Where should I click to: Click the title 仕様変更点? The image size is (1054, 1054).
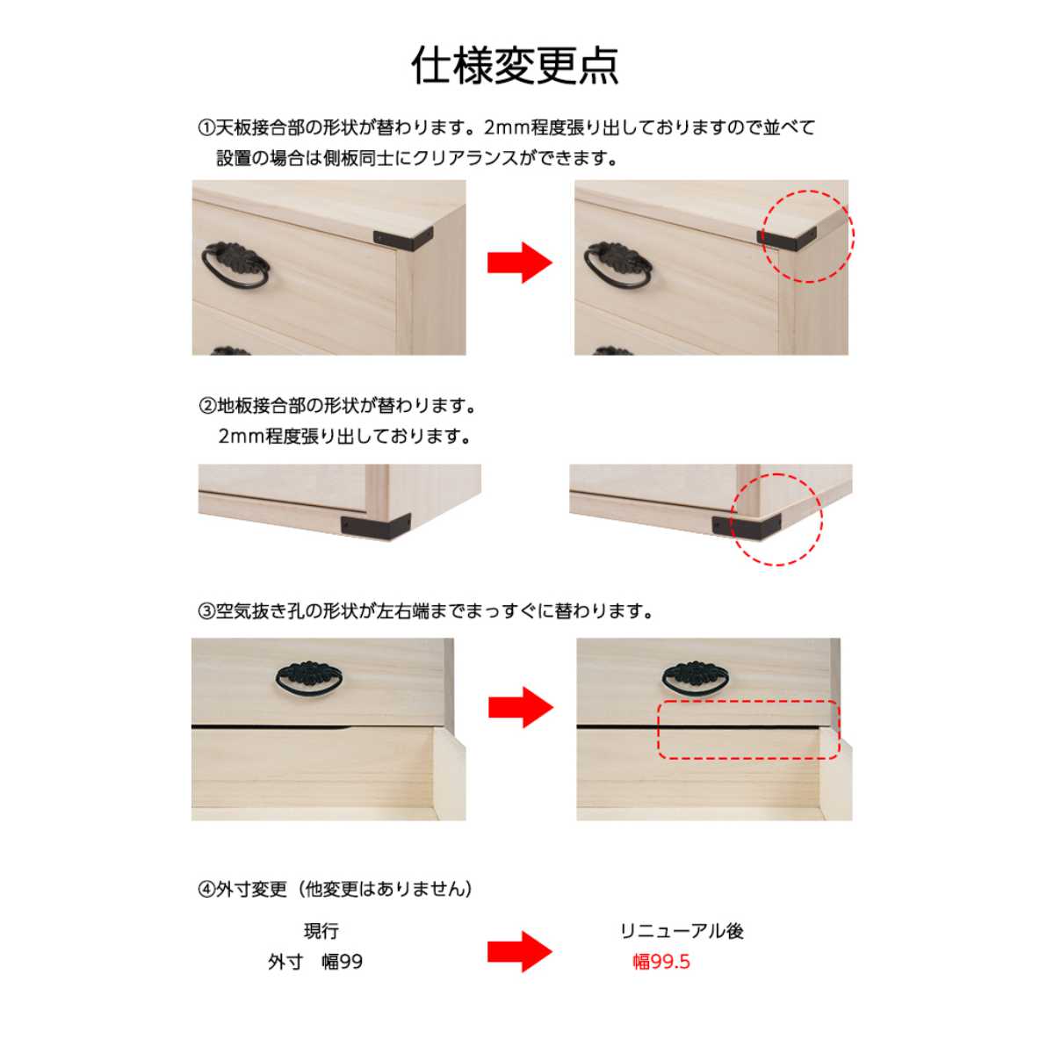[x=516, y=66]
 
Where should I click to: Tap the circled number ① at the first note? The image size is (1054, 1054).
[x=206, y=128]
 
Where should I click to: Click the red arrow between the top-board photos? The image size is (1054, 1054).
[x=519, y=262]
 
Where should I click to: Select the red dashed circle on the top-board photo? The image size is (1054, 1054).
[x=807, y=235]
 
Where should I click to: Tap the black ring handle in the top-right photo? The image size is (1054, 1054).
[x=617, y=264]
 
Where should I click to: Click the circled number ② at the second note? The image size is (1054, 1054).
[x=207, y=406]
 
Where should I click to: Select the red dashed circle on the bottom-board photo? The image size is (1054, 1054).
[x=777, y=519]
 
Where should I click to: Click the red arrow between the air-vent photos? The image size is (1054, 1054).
[x=520, y=706]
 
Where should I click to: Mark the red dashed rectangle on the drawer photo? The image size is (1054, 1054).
[x=749, y=730]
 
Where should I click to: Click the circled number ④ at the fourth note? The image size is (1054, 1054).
[x=206, y=890]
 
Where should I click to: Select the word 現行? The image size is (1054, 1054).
[x=321, y=931]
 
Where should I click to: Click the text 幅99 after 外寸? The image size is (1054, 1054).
[x=342, y=962]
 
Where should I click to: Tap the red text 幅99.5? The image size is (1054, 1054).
[x=661, y=962]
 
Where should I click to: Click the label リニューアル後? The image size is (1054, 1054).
[x=682, y=931]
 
